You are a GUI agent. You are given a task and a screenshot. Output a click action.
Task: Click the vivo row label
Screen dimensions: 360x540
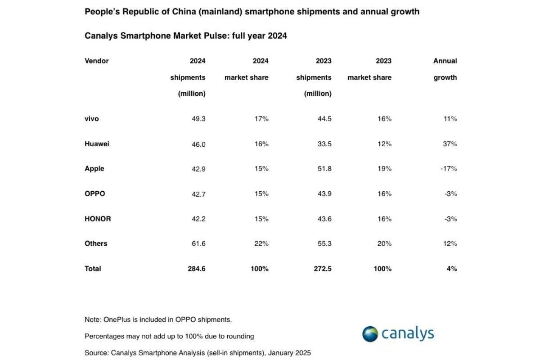[x=91, y=119]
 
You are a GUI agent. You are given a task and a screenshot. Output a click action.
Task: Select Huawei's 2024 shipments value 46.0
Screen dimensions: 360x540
[x=198, y=144]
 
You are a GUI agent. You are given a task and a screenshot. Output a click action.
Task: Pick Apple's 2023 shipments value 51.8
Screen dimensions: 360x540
[x=324, y=169]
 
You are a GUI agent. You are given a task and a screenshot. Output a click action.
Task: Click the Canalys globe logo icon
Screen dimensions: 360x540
[x=370, y=334]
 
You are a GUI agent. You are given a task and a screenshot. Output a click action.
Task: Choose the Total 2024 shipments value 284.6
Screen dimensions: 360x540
[x=196, y=269]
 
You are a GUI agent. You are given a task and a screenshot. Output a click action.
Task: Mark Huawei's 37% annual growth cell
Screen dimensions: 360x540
[x=450, y=144]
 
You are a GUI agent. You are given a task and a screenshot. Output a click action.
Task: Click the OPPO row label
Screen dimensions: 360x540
[x=94, y=194]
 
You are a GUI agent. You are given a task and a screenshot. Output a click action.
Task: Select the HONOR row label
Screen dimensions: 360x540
[x=98, y=219]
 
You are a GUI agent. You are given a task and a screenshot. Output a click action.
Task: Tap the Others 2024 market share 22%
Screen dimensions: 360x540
[x=261, y=243]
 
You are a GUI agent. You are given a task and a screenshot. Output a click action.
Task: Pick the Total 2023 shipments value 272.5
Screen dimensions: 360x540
[x=322, y=269]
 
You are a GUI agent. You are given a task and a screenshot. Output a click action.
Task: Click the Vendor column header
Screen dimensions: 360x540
[x=96, y=61]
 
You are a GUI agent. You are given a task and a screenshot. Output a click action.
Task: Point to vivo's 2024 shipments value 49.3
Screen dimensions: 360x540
[x=198, y=119]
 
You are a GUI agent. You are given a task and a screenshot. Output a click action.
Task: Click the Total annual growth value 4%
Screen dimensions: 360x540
[x=452, y=269]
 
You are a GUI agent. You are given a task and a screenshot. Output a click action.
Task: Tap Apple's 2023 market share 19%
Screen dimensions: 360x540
[x=384, y=169]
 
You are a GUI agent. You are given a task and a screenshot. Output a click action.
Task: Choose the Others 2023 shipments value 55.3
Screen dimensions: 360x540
[x=324, y=243]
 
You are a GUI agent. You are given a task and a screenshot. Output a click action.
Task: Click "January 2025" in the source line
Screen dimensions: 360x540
[x=289, y=353]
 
